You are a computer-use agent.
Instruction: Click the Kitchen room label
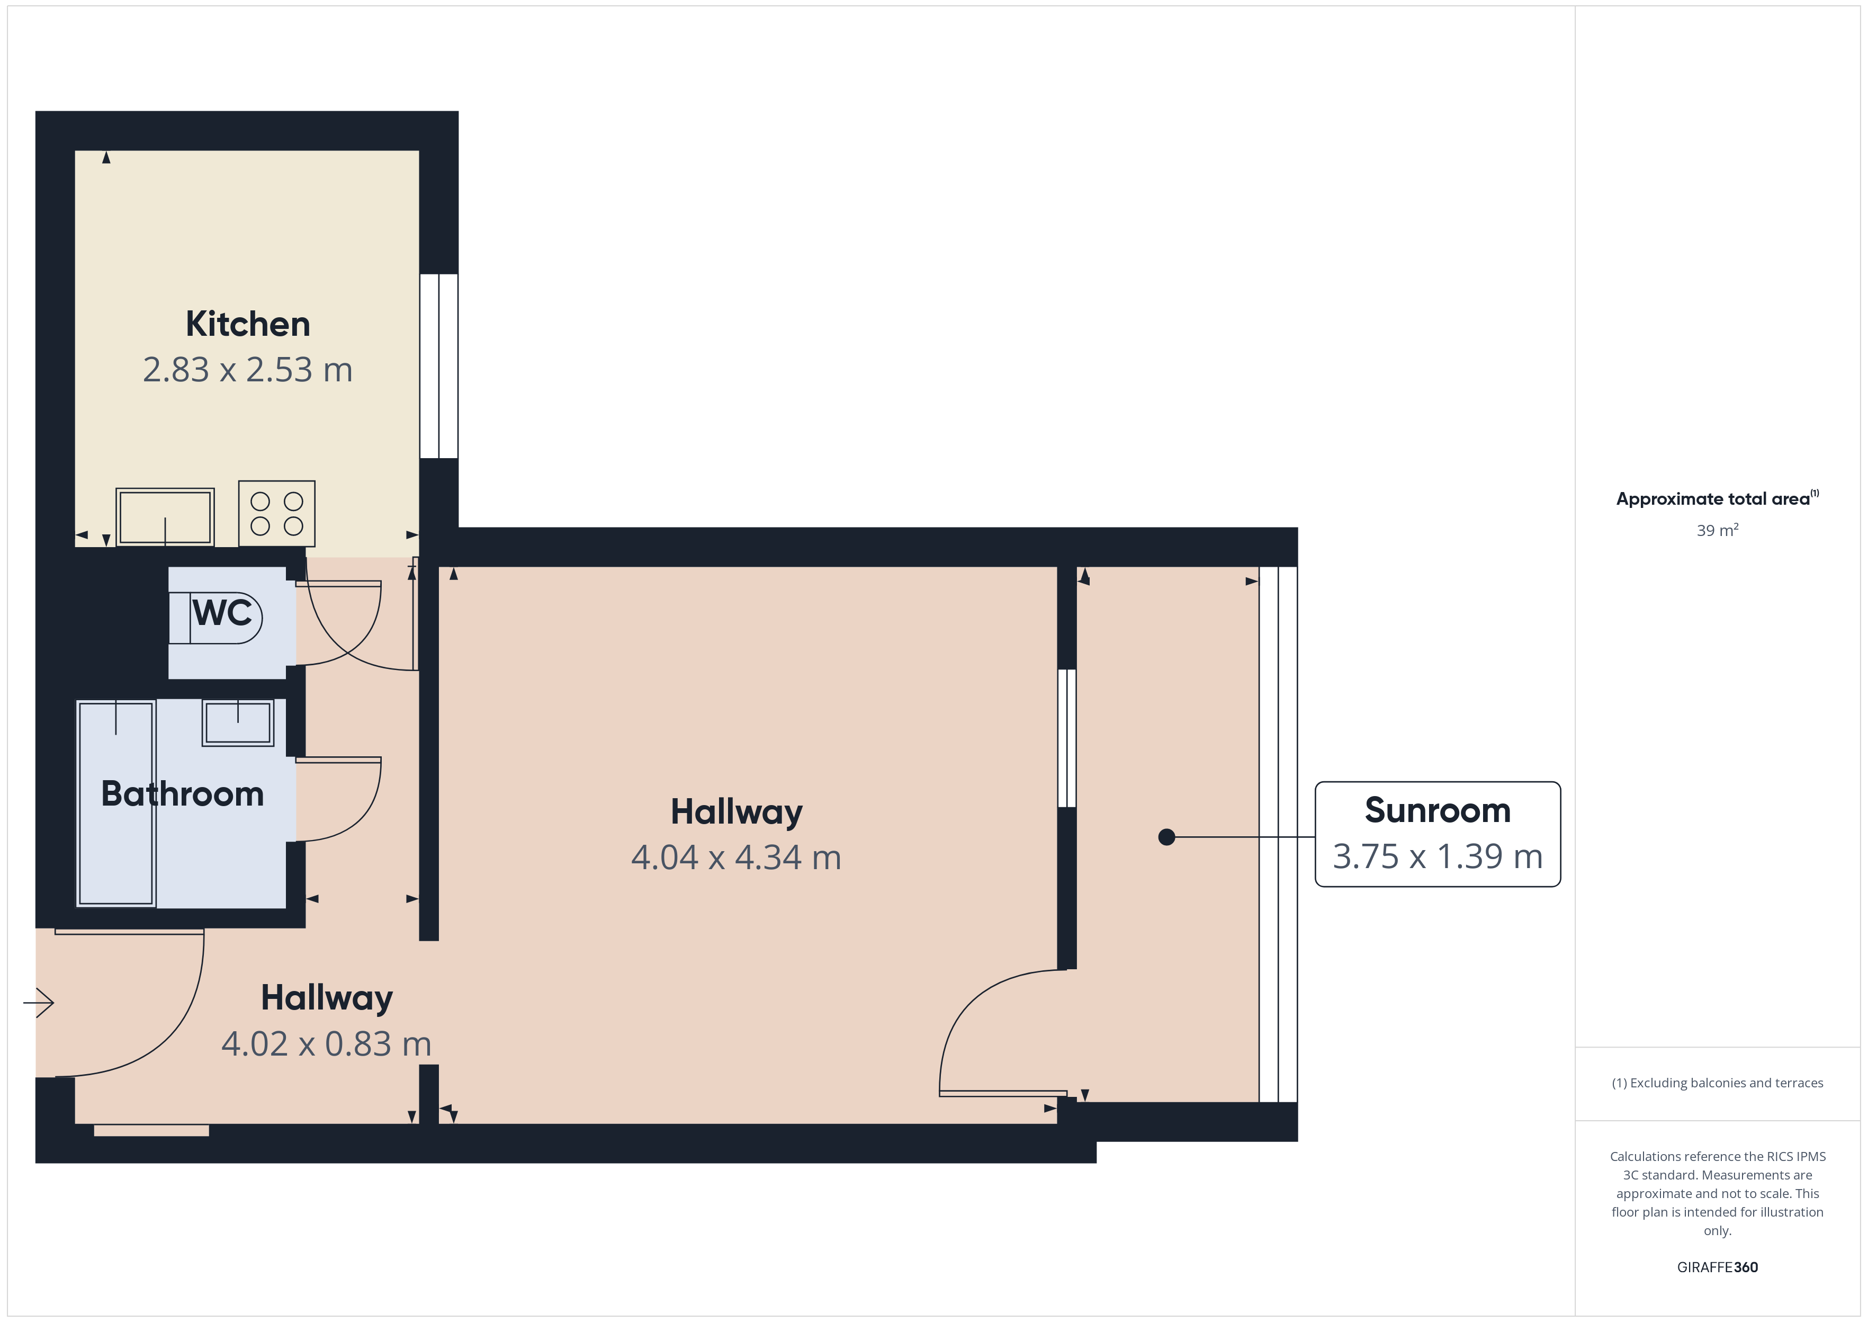248,324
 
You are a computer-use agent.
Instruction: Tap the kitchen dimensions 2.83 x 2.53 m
248,370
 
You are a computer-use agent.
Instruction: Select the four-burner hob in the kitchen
276,514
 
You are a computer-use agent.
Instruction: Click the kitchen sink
165,517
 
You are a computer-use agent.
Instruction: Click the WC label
222,612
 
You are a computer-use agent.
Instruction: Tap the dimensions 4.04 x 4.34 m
737,857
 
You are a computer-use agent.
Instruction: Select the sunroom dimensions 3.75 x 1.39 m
1438,856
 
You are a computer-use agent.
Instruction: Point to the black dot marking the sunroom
1166,837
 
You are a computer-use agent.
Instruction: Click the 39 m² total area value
1718,530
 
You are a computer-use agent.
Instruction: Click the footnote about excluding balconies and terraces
1718,1083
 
